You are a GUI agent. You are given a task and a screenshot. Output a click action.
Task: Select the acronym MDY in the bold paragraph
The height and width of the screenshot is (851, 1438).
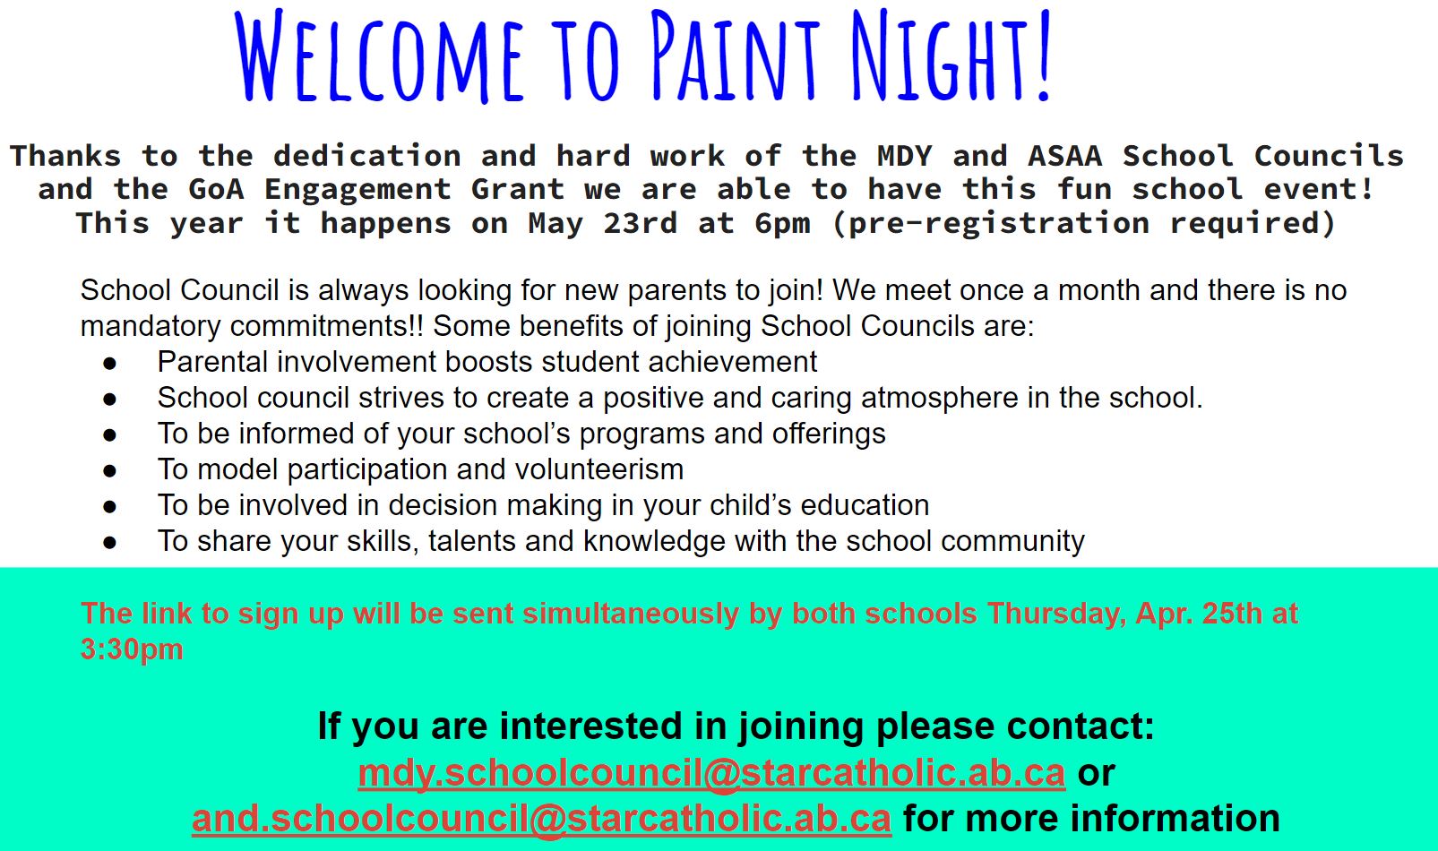click(905, 156)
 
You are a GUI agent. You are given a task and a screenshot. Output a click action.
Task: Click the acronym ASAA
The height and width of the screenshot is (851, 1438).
click(1065, 156)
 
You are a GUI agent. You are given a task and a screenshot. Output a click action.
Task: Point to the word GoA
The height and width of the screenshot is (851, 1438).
click(216, 189)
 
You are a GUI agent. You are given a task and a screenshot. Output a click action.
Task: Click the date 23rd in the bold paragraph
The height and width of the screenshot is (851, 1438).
click(641, 223)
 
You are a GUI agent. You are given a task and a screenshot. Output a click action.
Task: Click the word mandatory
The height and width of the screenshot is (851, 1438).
click(151, 327)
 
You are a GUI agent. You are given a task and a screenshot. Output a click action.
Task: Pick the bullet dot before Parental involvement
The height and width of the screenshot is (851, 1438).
click(110, 364)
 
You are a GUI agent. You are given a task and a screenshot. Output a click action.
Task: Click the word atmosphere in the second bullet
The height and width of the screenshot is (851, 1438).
click(939, 399)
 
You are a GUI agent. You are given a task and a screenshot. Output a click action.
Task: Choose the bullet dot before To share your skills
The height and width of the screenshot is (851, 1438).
click(110, 543)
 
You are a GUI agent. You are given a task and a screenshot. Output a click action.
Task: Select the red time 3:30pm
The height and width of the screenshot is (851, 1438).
click(133, 649)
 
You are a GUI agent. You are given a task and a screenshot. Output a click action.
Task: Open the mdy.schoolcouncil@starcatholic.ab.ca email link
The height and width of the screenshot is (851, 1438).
click(711, 773)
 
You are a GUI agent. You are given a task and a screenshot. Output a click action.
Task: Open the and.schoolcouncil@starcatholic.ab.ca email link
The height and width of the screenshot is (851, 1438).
click(541, 820)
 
